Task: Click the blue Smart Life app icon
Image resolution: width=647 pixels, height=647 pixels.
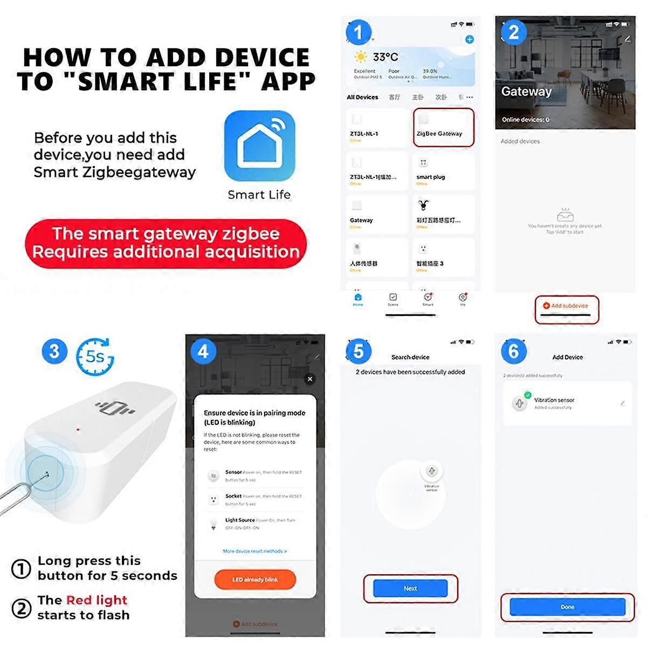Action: point(259,146)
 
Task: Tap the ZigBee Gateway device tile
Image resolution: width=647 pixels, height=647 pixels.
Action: point(443,127)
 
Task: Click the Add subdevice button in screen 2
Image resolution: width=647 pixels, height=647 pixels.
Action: point(566,306)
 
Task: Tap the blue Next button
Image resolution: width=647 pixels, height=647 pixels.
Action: point(410,588)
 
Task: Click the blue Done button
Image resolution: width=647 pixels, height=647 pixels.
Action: point(567,607)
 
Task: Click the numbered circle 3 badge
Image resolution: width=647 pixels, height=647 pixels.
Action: point(54,352)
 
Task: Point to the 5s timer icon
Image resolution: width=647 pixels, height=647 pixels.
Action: point(95,356)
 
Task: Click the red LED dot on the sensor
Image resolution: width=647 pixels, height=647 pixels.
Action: point(78,430)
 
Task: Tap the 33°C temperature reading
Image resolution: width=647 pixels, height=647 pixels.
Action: point(385,57)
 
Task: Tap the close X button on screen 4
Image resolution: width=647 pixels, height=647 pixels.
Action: point(310,379)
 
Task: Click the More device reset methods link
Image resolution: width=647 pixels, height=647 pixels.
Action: point(254,551)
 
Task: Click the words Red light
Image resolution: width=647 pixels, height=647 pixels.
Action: point(97,600)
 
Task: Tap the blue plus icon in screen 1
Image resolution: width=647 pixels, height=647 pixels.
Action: point(470,39)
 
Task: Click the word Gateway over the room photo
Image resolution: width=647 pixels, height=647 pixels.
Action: point(526,92)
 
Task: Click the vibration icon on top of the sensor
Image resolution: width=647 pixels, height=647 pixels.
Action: point(114,408)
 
